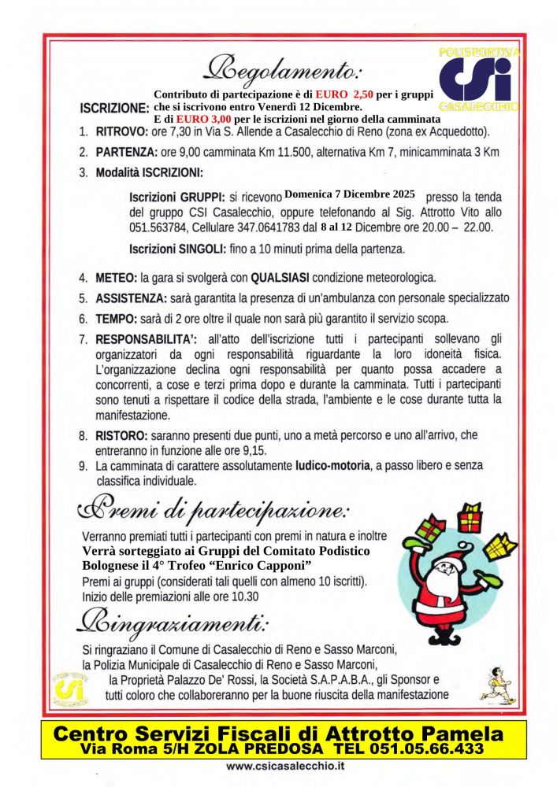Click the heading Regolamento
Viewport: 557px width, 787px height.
(282, 72)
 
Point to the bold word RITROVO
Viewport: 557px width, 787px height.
(121, 131)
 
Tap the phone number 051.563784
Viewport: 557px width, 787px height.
(160, 228)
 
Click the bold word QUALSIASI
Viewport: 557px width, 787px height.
(284, 278)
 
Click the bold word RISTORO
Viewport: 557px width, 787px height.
(121, 434)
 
